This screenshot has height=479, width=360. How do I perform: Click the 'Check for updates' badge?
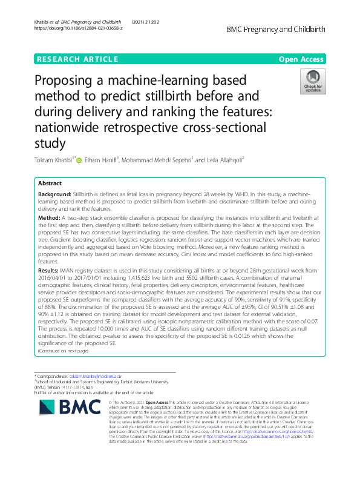tap(313, 81)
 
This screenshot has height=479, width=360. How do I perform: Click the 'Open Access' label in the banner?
tap(302, 59)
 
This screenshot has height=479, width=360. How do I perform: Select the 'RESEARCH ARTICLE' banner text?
tap(77, 59)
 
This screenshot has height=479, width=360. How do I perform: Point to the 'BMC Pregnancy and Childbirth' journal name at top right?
tap(276, 28)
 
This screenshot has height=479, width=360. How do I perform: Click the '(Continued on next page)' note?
tap(63, 351)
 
